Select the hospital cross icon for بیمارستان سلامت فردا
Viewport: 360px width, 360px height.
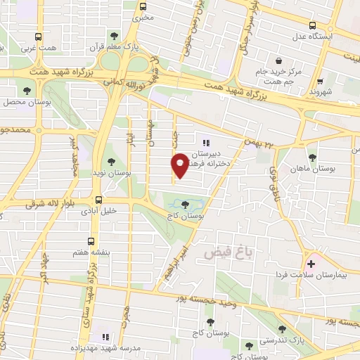pos(310,264)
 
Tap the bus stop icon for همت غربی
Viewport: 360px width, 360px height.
pos(37,37)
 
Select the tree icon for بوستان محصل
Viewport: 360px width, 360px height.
pos(26,91)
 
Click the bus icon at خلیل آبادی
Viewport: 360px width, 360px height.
pos(98,199)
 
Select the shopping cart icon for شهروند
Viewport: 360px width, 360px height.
pos(320,81)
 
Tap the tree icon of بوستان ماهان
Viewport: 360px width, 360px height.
pos(312,157)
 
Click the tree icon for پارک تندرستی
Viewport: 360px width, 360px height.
pos(282,328)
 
